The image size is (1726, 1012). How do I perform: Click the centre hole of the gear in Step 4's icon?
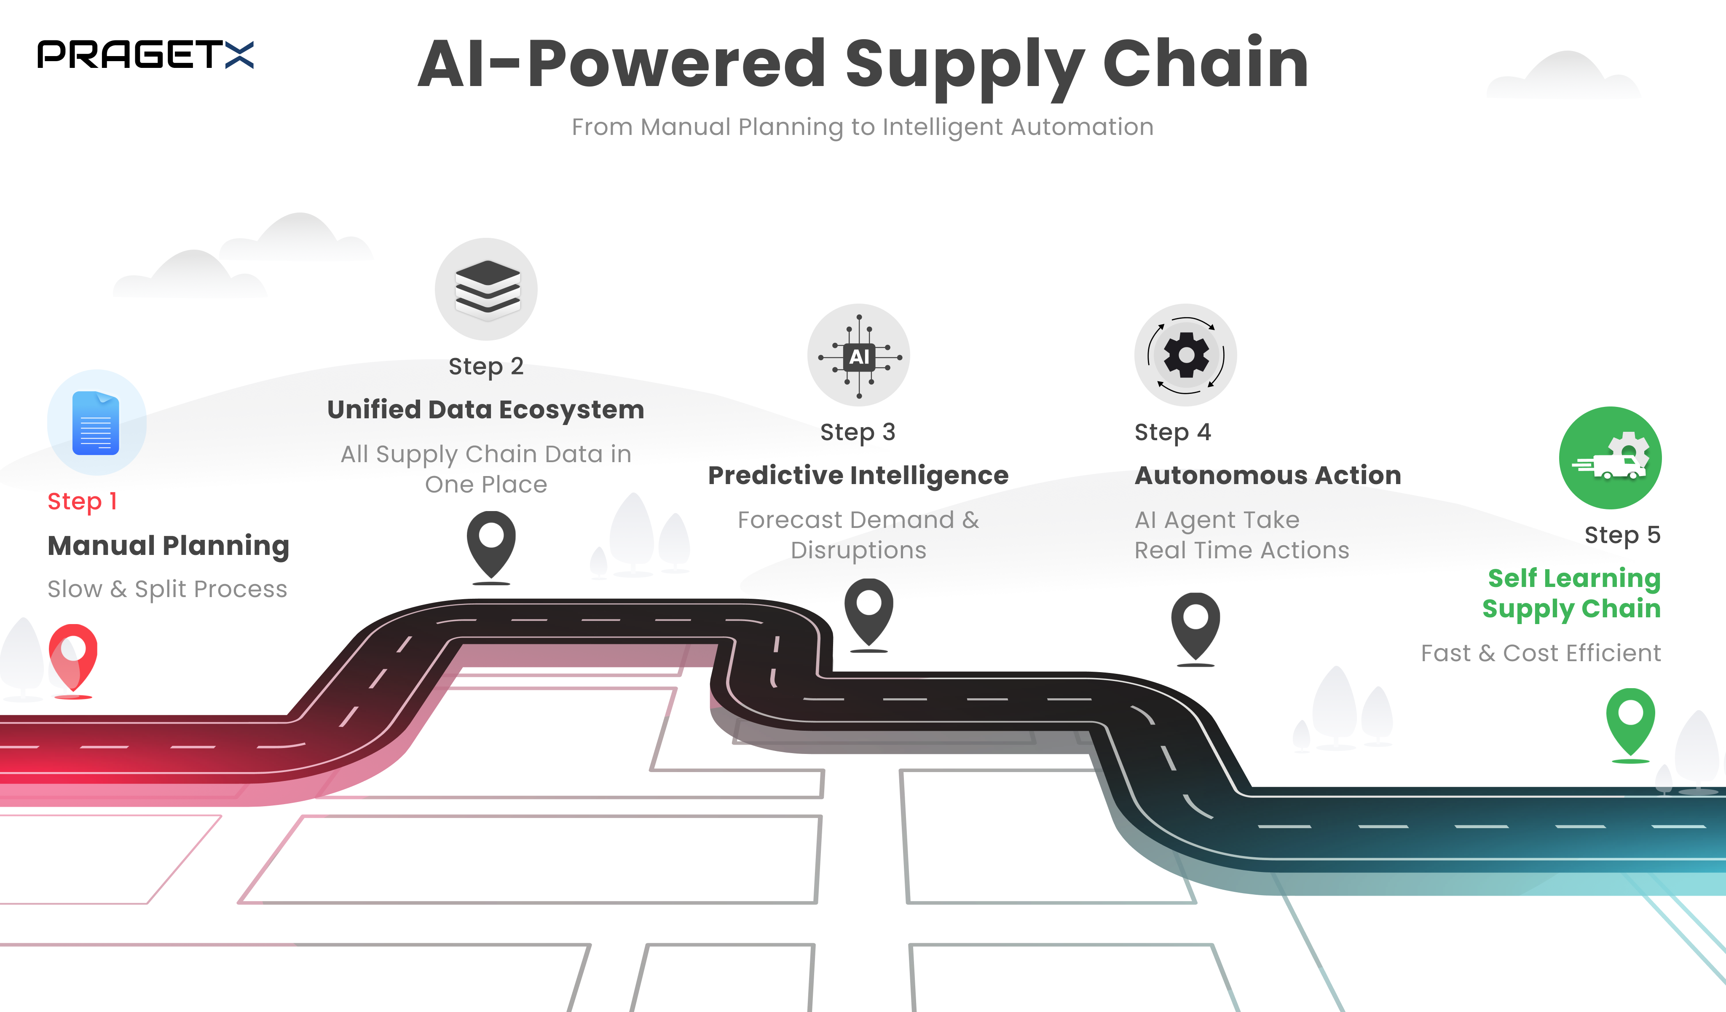click(x=1186, y=354)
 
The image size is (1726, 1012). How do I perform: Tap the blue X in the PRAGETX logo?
click(x=239, y=55)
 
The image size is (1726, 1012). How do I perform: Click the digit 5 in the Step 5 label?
click(x=1654, y=534)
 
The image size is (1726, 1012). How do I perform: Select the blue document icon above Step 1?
click(x=96, y=423)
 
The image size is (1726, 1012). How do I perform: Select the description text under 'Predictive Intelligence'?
click(x=858, y=535)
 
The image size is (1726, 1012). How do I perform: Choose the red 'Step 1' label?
click(x=82, y=501)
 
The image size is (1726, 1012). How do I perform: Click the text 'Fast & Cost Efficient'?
click(x=1541, y=653)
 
